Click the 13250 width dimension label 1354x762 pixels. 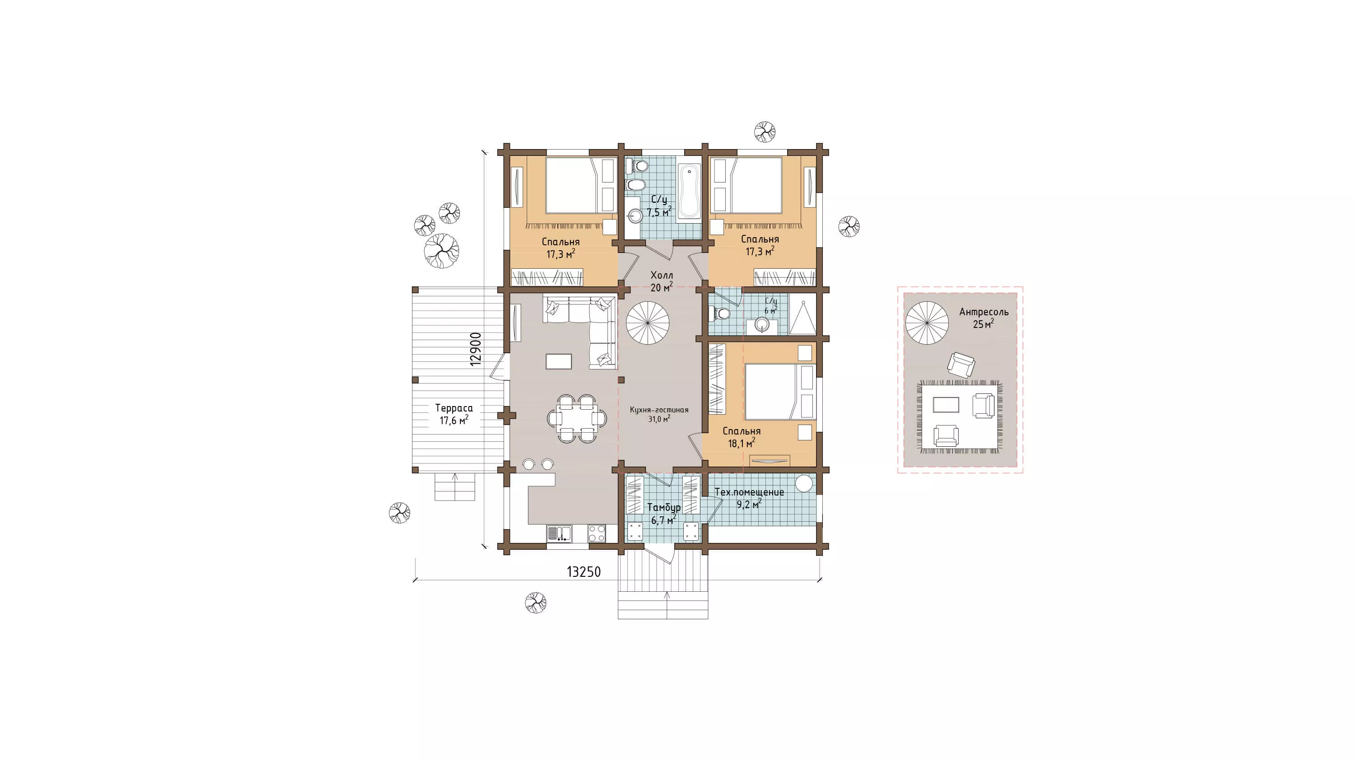[584, 572]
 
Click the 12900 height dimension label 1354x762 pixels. [476, 349]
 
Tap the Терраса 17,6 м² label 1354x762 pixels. [454, 414]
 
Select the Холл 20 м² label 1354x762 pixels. [661, 281]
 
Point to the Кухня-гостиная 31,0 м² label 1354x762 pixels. [659, 414]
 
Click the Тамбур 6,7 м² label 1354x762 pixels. [663, 514]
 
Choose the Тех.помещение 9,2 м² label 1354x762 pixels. [749, 498]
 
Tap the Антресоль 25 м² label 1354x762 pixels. [983, 318]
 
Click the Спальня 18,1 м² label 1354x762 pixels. [741, 437]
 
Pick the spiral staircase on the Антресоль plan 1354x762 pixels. [927, 323]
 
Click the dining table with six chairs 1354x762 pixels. [577, 419]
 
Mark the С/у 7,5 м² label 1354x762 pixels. [658, 206]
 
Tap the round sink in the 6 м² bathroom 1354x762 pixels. [762, 324]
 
